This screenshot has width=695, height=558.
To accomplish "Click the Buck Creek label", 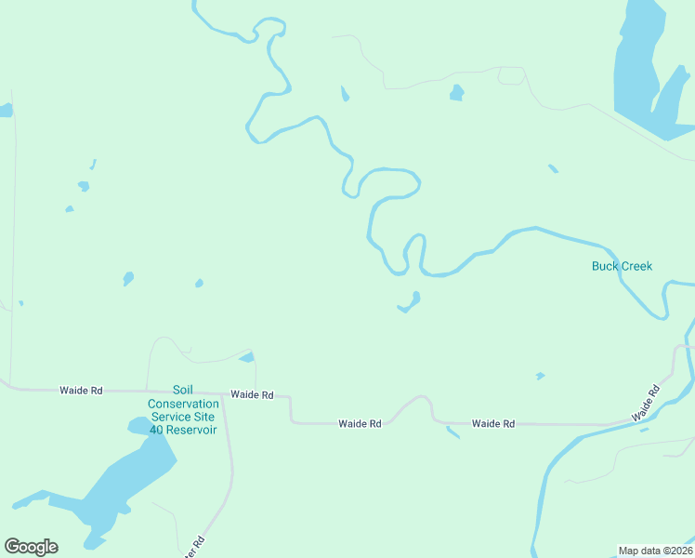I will click(x=622, y=266).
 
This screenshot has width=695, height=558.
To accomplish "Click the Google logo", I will click(x=31, y=547).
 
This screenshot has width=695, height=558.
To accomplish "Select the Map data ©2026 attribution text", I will click(x=655, y=551).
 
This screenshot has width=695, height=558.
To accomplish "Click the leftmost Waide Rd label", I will click(x=81, y=391).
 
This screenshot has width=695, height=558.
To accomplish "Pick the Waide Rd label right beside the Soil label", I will click(x=252, y=394).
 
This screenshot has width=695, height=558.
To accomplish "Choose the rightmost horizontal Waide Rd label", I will click(x=492, y=423).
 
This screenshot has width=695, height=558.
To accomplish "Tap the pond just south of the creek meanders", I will click(x=410, y=302).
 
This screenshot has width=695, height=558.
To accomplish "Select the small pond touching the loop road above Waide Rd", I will click(x=247, y=357).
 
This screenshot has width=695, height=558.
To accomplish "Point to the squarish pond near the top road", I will click(x=456, y=91).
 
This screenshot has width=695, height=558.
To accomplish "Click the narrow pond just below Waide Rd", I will click(x=452, y=432).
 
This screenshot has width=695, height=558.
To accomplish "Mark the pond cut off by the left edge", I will click(x=6, y=111).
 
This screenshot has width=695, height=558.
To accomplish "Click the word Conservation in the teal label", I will click(x=183, y=404).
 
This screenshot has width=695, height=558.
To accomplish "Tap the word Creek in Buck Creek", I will click(x=637, y=266).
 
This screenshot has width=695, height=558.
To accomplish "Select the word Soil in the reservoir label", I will click(x=183, y=391).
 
